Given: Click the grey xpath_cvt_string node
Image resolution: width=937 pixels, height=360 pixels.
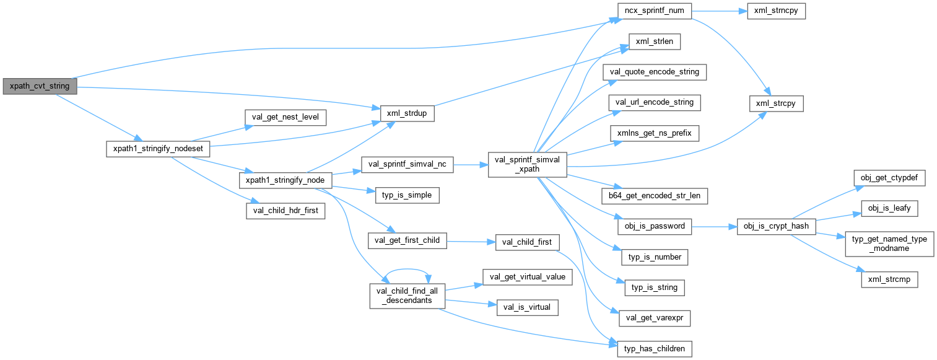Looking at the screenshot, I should click(40, 86).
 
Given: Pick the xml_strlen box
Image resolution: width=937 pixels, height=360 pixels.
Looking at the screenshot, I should click(655, 42).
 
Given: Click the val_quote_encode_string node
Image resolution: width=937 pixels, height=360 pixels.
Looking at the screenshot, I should click(655, 71).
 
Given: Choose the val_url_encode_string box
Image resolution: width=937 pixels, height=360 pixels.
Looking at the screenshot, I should click(655, 102).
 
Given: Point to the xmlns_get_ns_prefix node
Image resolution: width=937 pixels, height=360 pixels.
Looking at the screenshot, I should click(655, 133).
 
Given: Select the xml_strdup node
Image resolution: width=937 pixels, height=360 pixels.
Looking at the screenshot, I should click(406, 115).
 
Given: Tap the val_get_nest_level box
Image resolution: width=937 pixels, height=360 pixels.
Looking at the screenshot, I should click(285, 116).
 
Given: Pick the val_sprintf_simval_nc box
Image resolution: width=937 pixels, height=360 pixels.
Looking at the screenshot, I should click(407, 164).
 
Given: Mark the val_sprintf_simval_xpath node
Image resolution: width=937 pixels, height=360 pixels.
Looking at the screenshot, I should click(527, 164).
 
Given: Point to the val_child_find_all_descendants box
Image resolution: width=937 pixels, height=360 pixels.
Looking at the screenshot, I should click(406, 295).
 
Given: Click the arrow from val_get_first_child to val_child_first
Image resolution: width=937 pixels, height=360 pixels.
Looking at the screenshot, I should click(471, 241).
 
